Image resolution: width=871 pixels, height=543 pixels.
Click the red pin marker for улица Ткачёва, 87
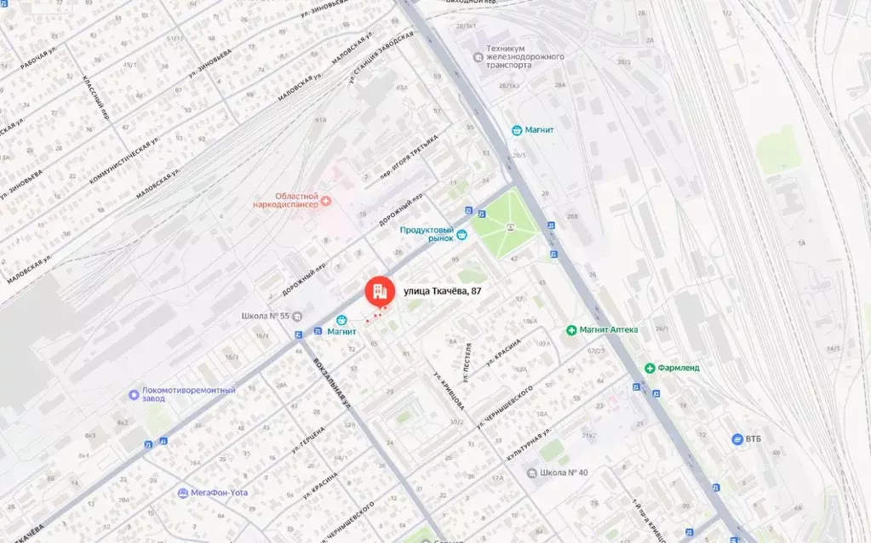(379, 292)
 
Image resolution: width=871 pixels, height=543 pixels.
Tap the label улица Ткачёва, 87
(442, 291)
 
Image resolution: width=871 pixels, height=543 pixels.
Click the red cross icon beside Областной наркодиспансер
(326, 201)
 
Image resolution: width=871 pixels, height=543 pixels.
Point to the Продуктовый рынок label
(428, 233)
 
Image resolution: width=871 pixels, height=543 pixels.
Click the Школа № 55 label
(266, 317)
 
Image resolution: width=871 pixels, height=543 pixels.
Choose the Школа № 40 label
(564, 472)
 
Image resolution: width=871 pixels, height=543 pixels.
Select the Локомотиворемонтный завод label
(189, 395)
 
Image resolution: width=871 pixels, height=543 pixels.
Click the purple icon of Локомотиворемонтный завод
(134, 395)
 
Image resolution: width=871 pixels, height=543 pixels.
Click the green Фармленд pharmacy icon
(650, 368)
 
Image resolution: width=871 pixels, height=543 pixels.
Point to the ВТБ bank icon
(737, 439)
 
